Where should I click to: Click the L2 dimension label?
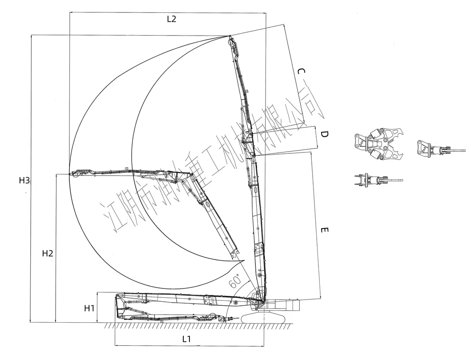pos(171,19)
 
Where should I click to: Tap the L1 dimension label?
pos(186,339)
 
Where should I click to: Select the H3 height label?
pos(24,180)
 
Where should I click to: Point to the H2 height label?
pos(48,253)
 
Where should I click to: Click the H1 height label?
pos(89,308)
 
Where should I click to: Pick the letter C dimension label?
pos(301,72)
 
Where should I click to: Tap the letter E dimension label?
pos(324,230)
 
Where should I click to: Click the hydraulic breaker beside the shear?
pos(435,148)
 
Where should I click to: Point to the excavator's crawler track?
pos(264,318)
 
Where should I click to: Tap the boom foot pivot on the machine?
pos(263,301)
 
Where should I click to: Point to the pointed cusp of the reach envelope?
pos(244,260)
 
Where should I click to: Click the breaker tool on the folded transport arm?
pos(232,319)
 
